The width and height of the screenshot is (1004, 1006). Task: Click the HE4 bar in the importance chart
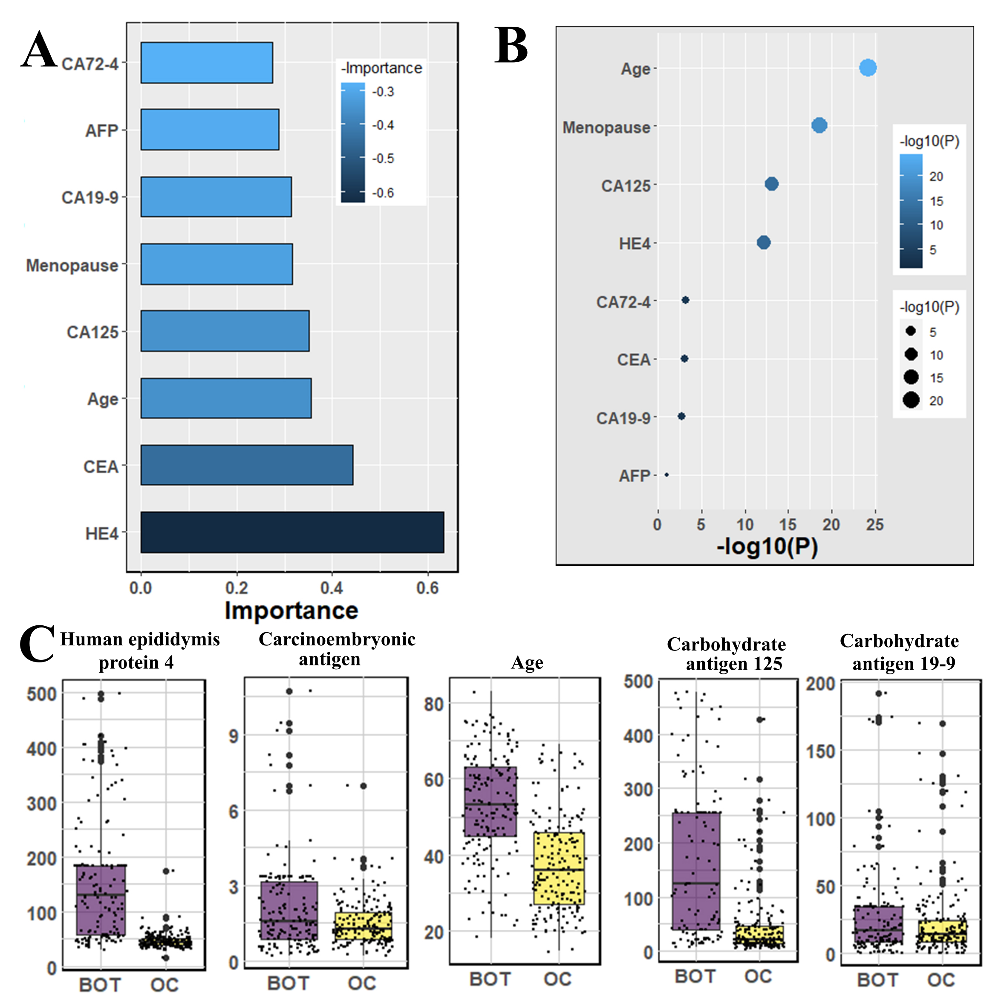coord(292,532)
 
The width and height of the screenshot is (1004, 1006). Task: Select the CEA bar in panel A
coord(247,465)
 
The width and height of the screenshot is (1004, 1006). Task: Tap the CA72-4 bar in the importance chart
coord(207,63)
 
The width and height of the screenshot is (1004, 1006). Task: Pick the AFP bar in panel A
coord(210,130)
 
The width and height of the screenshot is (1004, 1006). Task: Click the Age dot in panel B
coord(868,68)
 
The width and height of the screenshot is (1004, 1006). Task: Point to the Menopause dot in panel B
coord(819,125)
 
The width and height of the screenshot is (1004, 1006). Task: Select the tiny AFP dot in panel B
coord(667,475)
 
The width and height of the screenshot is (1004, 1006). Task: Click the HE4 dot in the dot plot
coord(764,243)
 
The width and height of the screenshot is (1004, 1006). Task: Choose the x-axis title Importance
coord(291,611)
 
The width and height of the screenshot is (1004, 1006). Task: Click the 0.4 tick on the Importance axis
coord(332,588)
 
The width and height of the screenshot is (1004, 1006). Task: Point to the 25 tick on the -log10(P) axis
coord(875,524)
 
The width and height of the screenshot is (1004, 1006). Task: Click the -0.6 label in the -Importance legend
coord(384,193)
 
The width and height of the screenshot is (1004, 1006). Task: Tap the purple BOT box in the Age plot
coord(490,801)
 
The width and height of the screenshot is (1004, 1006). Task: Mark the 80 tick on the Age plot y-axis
coord(433,705)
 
